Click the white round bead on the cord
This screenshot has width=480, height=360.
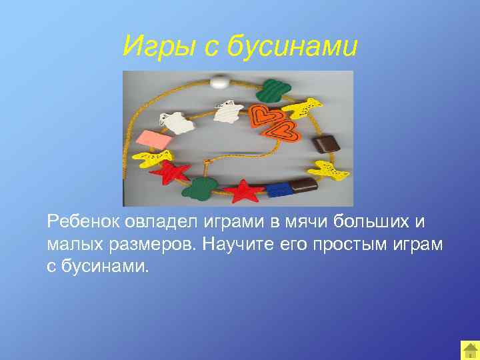(219, 83)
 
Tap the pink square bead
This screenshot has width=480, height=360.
(155, 140)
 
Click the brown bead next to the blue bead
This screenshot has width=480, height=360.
(303, 185)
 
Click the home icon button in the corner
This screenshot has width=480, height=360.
(469, 350)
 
